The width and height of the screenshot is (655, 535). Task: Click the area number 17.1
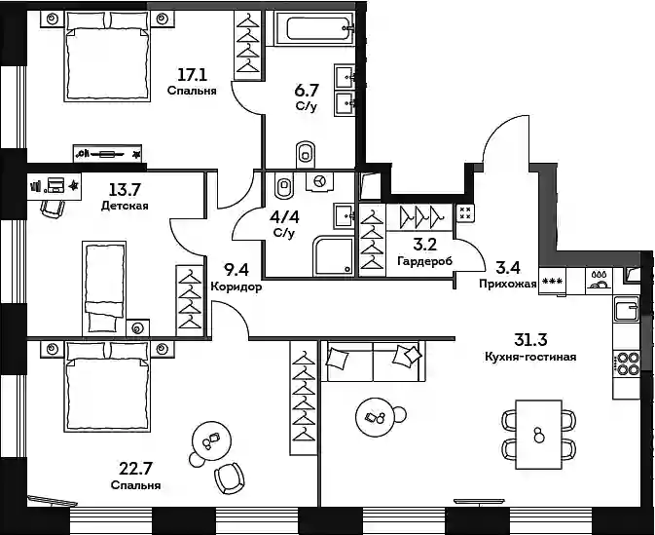tap(192, 75)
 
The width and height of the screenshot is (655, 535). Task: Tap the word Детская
tap(125, 206)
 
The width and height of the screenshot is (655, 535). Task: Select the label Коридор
tap(237, 287)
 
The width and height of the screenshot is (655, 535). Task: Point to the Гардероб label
tap(425, 261)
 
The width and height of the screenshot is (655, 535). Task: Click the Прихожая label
tap(507, 284)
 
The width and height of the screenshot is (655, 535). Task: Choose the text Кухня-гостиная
tap(530, 357)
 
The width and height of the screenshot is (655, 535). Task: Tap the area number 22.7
tap(135, 469)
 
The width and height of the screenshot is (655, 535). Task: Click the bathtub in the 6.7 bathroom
tap(314, 27)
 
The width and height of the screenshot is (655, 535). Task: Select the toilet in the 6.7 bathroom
tap(307, 154)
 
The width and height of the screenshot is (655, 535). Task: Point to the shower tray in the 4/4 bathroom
tap(334, 255)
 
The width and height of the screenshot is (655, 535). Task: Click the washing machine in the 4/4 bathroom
tap(319, 181)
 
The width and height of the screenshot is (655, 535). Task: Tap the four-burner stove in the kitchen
tap(626, 363)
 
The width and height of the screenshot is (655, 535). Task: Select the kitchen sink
tap(626, 308)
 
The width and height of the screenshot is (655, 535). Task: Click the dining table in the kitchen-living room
tap(538, 435)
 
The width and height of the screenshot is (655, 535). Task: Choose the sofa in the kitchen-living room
tap(373, 361)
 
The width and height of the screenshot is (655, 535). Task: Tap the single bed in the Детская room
tap(104, 287)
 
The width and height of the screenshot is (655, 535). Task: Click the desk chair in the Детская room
tap(53, 209)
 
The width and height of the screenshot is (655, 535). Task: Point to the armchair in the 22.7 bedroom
tap(230, 478)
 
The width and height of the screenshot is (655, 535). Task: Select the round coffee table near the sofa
tap(375, 417)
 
